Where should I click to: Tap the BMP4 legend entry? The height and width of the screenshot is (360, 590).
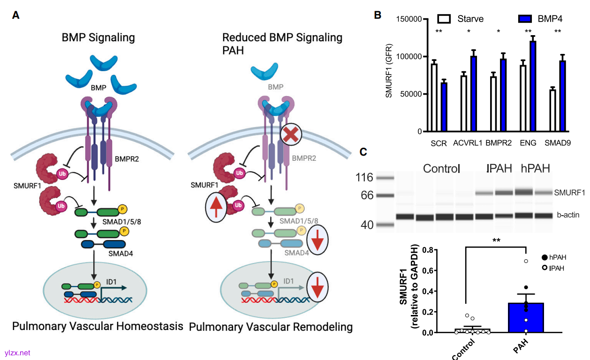[x=539, y=19]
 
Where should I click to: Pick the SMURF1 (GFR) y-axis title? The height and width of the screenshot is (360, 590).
[x=389, y=75]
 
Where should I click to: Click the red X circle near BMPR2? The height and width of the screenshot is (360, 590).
[x=290, y=136]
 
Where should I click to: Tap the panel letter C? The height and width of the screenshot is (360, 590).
[x=363, y=152]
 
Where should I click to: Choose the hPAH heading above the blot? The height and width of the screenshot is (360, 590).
[x=535, y=168]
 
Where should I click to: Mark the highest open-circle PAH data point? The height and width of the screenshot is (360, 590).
[x=526, y=261]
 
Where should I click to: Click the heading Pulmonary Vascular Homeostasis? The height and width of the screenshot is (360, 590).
[x=98, y=326]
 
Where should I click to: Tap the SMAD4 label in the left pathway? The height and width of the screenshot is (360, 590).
[x=121, y=253]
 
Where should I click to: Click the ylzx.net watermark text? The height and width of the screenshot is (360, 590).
[x=17, y=352]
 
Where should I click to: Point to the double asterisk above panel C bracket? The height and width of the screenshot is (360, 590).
[x=496, y=240]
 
